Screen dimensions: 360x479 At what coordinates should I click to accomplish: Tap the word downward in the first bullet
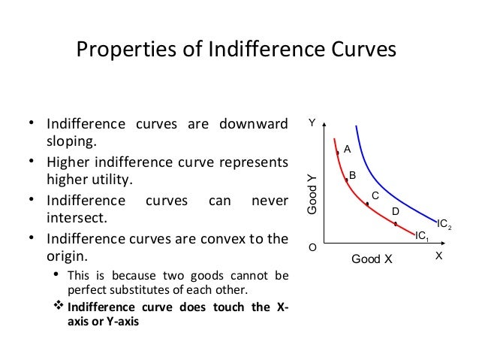pyautogui.click(x=253, y=123)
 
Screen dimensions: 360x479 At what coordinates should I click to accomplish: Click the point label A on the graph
pyautogui.click(x=347, y=150)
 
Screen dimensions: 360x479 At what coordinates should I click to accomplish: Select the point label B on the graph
pyautogui.click(x=352, y=175)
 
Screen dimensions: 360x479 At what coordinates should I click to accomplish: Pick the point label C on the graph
pyautogui.click(x=375, y=196)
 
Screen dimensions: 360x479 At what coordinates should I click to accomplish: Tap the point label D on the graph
pyautogui.click(x=396, y=212)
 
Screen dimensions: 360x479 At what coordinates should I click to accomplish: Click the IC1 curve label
pyautogui.click(x=421, y=235)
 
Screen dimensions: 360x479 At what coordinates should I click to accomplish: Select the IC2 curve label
pyautogui.click(x=443, y=223)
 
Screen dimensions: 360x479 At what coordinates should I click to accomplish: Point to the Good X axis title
pyautogui.click(x=372, y=260)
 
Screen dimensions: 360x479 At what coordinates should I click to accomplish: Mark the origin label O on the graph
pyautogui.click(x=312, y=246)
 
